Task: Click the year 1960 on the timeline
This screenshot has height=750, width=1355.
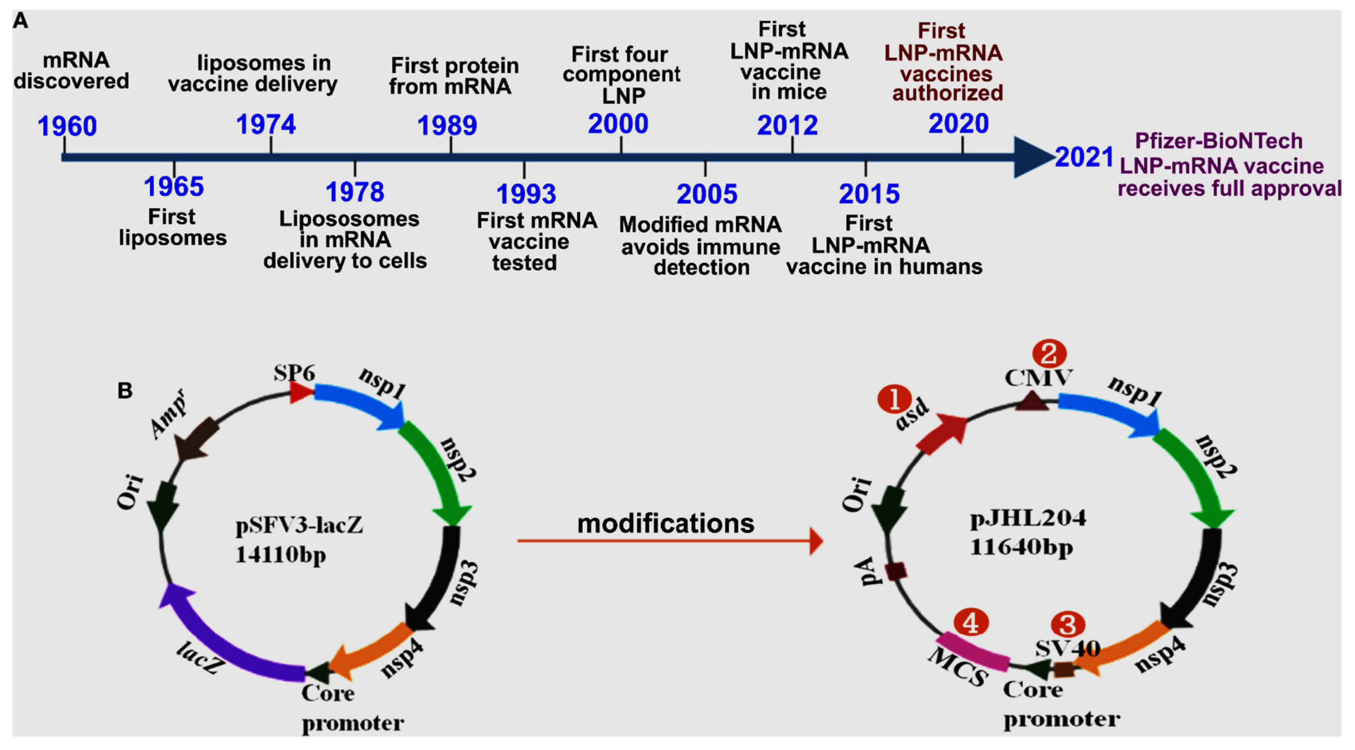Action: pos(67,126)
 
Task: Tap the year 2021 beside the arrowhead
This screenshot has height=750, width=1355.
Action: pos(1084,157)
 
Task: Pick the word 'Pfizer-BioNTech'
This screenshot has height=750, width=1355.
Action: pos(1218,141)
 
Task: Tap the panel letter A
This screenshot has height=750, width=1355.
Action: pos(20,21)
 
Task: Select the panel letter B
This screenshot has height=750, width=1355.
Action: pos(125,390)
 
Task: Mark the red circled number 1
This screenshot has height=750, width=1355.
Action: pos(894,400)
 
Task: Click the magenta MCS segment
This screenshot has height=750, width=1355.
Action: pos(973,652)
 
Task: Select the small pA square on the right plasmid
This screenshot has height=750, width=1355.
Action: pos(896,571)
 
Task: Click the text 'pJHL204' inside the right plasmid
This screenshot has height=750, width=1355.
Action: pos(1028,520)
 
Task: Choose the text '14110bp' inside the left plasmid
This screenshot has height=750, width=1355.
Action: pos(281,554)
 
